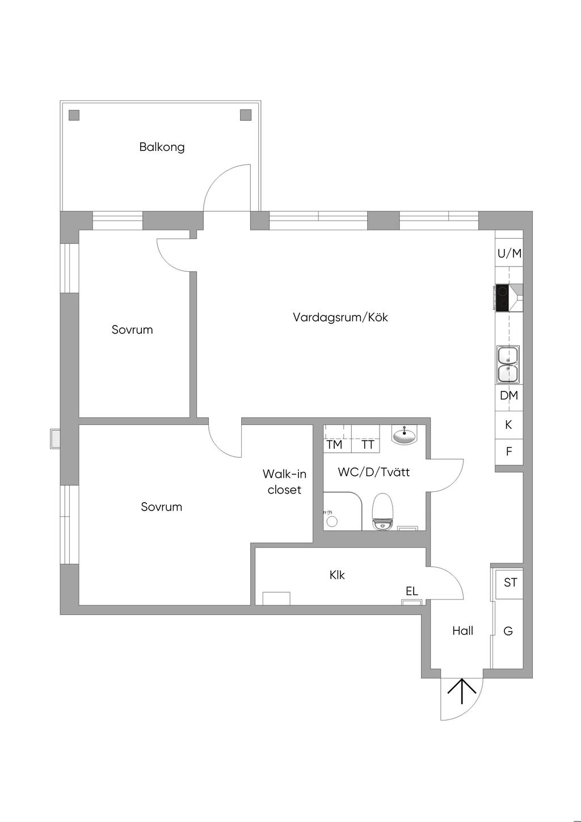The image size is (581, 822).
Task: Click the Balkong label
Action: click(x=162, y=147)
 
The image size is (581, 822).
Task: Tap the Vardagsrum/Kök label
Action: click(x=340, y=317)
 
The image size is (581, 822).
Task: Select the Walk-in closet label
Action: click(x=284, y=482)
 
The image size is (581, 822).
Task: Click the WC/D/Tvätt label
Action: click(x=374, y=472)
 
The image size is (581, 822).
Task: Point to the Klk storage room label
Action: click(x=337, y=575)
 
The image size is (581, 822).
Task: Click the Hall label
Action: click(x=462, y=631)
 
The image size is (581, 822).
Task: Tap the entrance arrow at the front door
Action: click(x=462, y=691)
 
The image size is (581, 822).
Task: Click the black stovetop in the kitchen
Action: click(x=503, y=298)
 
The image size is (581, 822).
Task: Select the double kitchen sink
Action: click(x=508, y=364)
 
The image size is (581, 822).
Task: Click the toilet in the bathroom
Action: click(x=382, y=511)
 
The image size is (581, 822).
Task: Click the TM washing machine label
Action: click(x=334, y=445)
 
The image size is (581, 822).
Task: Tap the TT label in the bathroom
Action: click(x=368, y=445)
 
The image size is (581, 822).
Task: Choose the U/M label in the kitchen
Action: click(x=510, y=253)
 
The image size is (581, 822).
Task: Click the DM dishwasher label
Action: click(x=509, y=395)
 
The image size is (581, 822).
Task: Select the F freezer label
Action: click(x=509, y=452)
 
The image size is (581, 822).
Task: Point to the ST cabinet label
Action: click(x=511, y=583)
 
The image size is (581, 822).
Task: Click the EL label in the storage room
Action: click(x=412, y=591)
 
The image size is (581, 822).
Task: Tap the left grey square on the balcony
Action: click(x=74, y=115)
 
